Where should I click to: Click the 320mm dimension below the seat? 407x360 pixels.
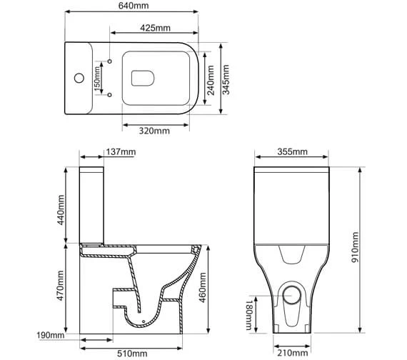[155, 131]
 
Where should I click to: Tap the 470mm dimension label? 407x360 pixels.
[61, 284]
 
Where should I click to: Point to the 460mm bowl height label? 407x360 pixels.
[204, 284]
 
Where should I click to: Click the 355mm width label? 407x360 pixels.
[291, 153]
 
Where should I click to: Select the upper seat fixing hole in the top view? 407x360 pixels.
[111, 62]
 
